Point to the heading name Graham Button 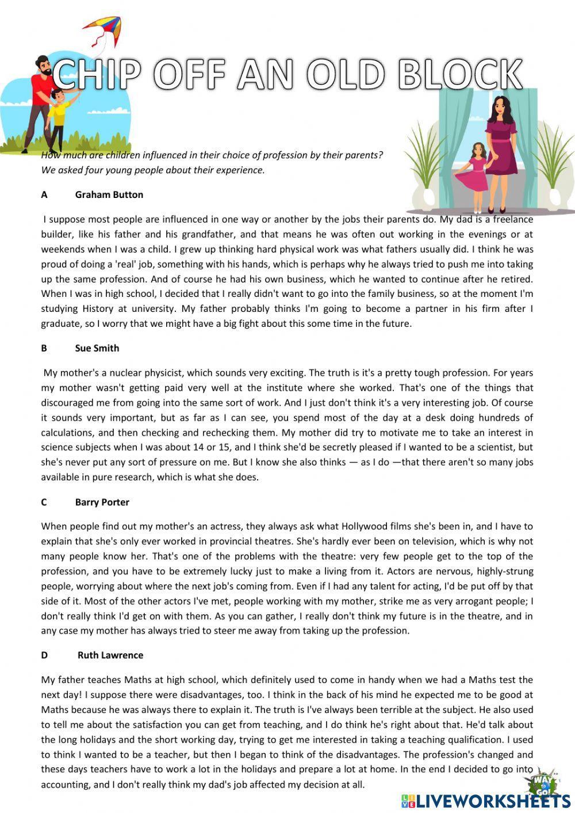(x=109, y=194)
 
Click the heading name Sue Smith (x=97, y=348)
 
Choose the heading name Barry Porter (x=102, y=502)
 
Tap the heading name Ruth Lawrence (x=110, y=655)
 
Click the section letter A (x=44, y=194)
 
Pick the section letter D (x=44, y=655)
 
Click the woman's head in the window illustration (x=499, y=108)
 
